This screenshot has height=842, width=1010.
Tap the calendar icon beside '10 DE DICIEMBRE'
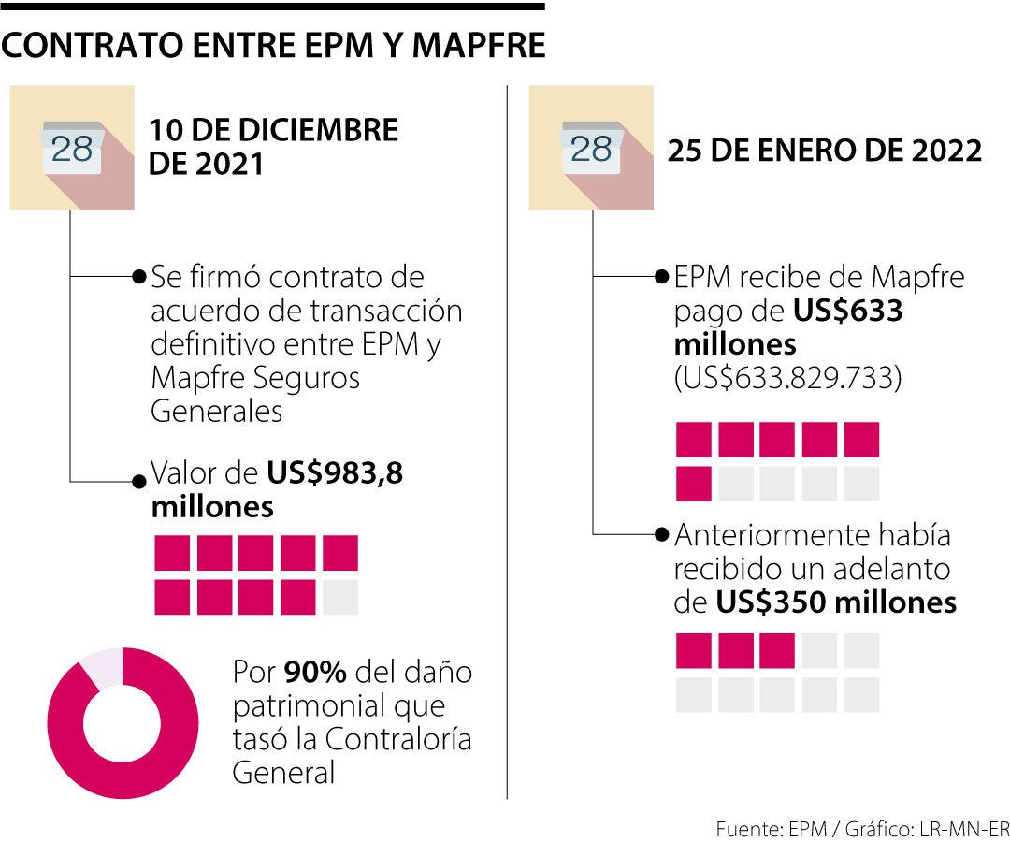(x=73, y=149)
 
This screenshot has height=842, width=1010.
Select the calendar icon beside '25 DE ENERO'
(x=591, y=149)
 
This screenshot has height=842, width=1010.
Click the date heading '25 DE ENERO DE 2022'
(x=824, y=151)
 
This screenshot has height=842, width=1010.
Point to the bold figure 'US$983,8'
(x=335, y=474)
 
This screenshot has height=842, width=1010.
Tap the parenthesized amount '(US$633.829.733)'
(x=787, y=379)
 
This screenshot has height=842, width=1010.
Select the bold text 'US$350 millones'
(x=836, y=602)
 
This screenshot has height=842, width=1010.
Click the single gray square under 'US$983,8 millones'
(x=339, y=596)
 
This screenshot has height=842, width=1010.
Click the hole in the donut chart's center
(x=123, y=723)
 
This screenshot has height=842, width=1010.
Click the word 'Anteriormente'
(x=769, y=536)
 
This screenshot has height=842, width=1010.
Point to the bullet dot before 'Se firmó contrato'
(x=139, y=278)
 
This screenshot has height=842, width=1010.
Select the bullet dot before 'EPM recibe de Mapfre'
(x=663, y=278)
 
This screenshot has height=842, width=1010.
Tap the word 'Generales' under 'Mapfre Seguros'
(x=216, y=412)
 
